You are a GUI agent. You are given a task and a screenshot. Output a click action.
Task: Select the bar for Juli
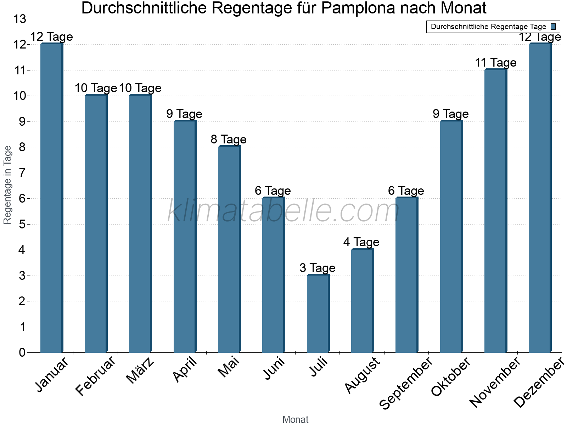[318, 313]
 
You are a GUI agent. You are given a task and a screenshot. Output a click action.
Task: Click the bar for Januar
[51, 198]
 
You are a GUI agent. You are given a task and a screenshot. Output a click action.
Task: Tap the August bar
[362, 301]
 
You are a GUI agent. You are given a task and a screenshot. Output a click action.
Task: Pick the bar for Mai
[229, 250]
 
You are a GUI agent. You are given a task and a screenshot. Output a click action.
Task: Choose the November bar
[495, 211]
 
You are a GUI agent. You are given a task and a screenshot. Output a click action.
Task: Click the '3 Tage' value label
[318, 268]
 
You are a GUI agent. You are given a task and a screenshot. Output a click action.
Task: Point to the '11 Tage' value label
[495, 63]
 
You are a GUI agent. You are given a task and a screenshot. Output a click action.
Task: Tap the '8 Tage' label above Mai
[229, 140]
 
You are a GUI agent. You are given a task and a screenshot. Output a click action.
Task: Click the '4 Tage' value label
[361, 242]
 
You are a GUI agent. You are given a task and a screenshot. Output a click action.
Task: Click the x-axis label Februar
[96, 376]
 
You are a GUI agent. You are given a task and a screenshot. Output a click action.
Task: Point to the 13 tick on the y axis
[19, 19]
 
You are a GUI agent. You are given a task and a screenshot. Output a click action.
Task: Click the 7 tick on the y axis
[22, 173]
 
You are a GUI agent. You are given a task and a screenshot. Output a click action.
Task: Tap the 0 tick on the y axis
[22, 353]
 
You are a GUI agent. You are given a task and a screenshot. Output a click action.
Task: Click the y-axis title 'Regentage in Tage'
[8, 185]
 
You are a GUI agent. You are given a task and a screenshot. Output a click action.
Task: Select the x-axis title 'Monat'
[295, 420]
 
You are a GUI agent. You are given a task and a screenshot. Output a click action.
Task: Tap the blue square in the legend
[553, 27]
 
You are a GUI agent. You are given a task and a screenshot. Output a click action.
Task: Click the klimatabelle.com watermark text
[283, 211]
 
